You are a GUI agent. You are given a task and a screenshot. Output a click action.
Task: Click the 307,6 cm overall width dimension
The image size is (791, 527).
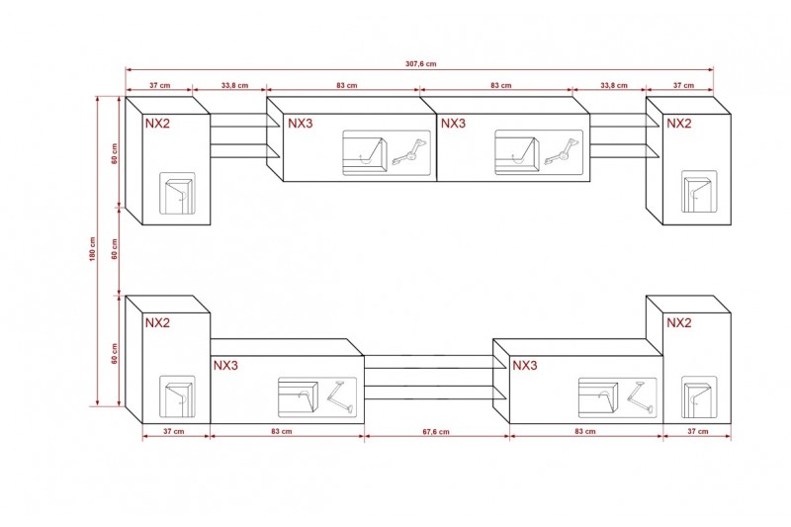(421, 64)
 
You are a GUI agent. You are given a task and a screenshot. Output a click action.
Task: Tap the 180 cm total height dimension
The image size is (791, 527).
(92, 249)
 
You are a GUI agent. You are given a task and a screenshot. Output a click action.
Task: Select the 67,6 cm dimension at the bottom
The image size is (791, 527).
(436, 432)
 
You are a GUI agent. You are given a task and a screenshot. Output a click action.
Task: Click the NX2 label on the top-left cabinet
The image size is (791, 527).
(158, 124)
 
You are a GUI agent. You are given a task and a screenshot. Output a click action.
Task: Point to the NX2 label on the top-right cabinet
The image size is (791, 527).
(679, 124)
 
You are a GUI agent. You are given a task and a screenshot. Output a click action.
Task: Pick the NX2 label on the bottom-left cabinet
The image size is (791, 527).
(158, 322)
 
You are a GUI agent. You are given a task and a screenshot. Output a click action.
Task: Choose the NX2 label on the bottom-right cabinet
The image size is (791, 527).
(679, 322)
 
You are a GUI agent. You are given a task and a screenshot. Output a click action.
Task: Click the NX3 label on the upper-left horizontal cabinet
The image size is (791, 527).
(301, 124)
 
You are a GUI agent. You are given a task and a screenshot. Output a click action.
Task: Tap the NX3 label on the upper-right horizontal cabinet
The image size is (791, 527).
(453, 124)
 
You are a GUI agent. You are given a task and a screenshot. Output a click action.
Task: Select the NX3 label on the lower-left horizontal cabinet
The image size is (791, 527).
(225, 365)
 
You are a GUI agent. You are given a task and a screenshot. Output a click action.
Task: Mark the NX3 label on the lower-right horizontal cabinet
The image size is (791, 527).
(525, 365)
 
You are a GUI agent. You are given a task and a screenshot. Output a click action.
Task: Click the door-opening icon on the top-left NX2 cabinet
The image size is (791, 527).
(178, 194)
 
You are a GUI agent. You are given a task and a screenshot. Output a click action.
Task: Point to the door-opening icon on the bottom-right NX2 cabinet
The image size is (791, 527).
(699, 396)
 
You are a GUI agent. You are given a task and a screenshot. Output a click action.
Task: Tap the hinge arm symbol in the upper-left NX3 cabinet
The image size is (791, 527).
(410, 152)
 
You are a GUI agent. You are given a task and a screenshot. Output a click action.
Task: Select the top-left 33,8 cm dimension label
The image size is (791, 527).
(234, 85)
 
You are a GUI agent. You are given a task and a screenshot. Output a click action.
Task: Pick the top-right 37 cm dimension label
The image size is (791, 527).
(683, 85)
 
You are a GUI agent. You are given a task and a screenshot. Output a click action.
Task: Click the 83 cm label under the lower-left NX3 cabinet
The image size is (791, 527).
(282, 431)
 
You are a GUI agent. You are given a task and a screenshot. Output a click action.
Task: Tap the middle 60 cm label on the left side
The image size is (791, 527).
(115, 249)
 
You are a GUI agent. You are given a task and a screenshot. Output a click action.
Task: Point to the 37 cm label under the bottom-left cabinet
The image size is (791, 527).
(174, 431)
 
